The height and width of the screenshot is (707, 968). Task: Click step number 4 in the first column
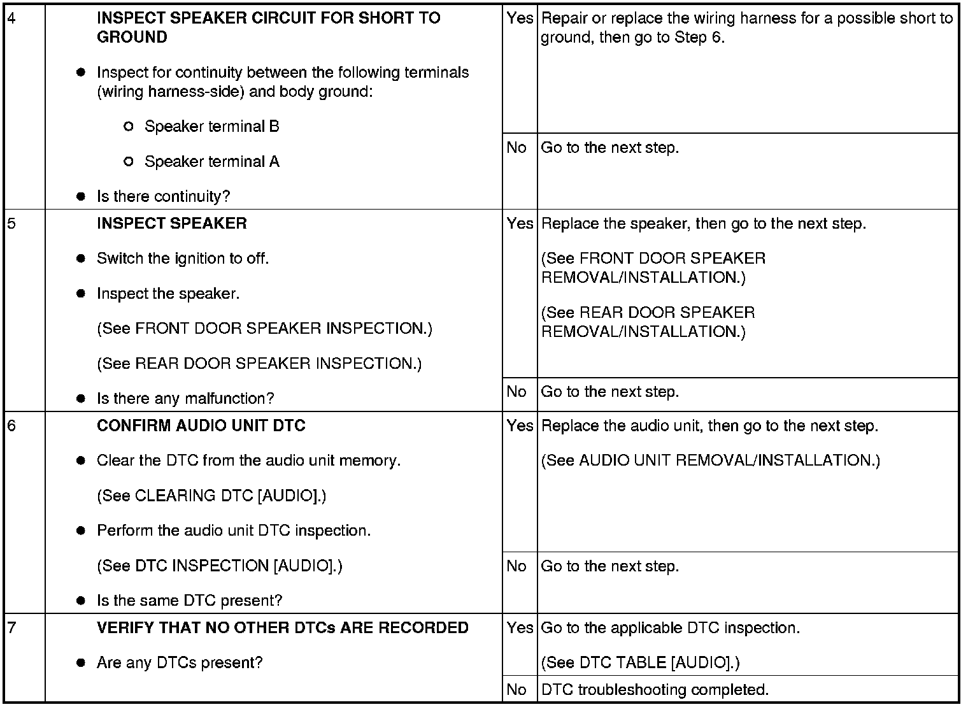[x=11, y=18]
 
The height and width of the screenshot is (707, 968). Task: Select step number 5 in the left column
[x=11, y=224]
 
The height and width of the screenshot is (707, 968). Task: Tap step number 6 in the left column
[x=11, y=426]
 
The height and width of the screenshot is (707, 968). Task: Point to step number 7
[x=11, y=628]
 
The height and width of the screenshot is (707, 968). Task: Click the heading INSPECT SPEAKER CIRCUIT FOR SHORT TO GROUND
[x=268, y=27]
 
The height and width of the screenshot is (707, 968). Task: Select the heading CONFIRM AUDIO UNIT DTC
[x=201, y=425]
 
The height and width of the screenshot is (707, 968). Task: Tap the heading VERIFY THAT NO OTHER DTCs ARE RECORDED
[x=282, y=628]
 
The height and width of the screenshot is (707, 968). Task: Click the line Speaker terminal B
[x=211, y=126]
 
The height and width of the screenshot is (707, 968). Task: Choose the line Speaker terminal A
[x=211, y=161]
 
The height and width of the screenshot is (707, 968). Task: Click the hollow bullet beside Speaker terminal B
[x=128, y=127]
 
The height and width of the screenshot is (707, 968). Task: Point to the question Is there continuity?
[x=163, y=196]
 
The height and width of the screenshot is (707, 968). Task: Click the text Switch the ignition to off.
[x=183, y=259]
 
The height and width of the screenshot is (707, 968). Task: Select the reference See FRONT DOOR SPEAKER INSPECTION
[x=264, y=329]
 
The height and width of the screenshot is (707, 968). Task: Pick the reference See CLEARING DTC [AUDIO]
[x=211, y=496]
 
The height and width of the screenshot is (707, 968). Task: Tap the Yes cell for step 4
[x=520, y=18]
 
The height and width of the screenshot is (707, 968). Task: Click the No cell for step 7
[x=516, y=690]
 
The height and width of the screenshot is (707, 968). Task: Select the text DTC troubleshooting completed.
[x=655, y=690]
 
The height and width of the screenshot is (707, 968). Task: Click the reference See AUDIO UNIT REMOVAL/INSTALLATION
[x=710, y=461]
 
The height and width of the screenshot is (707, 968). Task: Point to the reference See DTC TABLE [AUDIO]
[x=640, y=662]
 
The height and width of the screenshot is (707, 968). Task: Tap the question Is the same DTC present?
[x=189, y=601]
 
